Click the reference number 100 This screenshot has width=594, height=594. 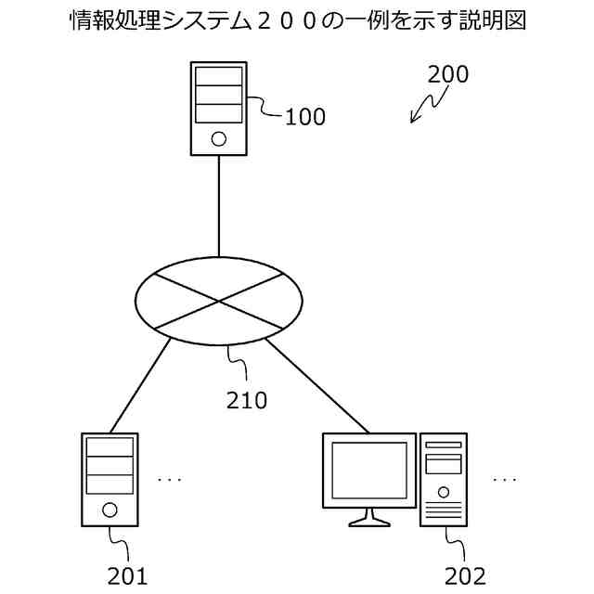pyautogui.click(x=305, y=117)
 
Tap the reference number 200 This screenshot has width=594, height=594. pyautogui.click(x=448, y=75)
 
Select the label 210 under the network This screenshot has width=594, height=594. pyautogui.click(x=247, y=401)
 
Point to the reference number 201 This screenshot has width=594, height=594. pyautogui.click(x=127, y=576)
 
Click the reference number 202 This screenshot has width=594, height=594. pyautogui.click(x=465, y=576)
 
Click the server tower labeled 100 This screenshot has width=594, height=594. pyautogui.click(x=218, y=108)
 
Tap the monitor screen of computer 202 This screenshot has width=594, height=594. pyautogui.click(x=369, y=471)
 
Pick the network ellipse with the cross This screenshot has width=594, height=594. pyautogui.click(x=219, y=301)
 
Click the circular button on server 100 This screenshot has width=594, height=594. pyautogui.click(x=218, y=140)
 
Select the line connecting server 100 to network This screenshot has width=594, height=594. pyautogui.click(x=219, y=204)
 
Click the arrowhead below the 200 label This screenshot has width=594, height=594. pyautogui.click(x=414, y=120)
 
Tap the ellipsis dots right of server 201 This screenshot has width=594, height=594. pyautogui.click(x=170, y=480)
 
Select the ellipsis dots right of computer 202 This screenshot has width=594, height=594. pyautogui.click(x=505, y=480)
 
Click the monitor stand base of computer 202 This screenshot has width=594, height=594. pyautogui.click(x=369, y=523)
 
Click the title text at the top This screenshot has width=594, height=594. pyautogui.click(x=298, y=21)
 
